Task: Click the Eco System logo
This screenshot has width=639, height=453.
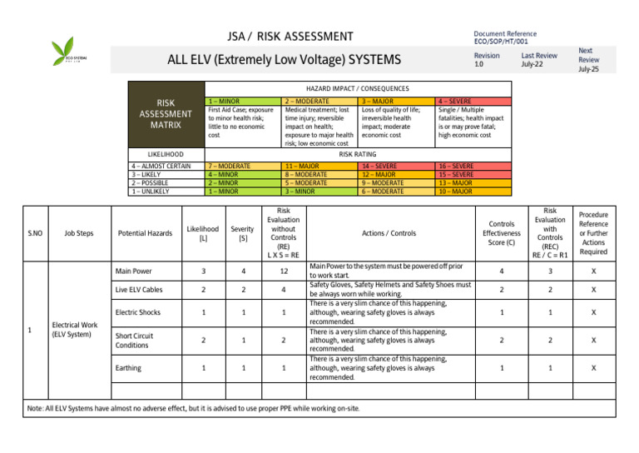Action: click(68, 52)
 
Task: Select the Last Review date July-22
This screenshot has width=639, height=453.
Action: click(533, 64)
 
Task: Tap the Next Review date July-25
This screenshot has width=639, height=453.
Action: click(588, 70)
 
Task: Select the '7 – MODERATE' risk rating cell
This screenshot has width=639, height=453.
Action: click(230, 166)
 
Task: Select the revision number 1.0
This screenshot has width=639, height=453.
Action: click(478, 64)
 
